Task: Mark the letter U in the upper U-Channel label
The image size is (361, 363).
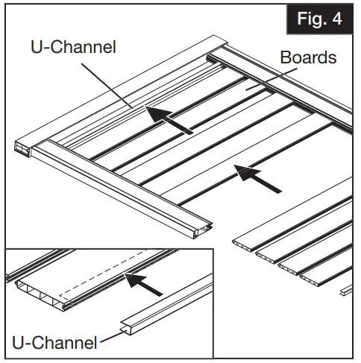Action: [37, 47]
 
